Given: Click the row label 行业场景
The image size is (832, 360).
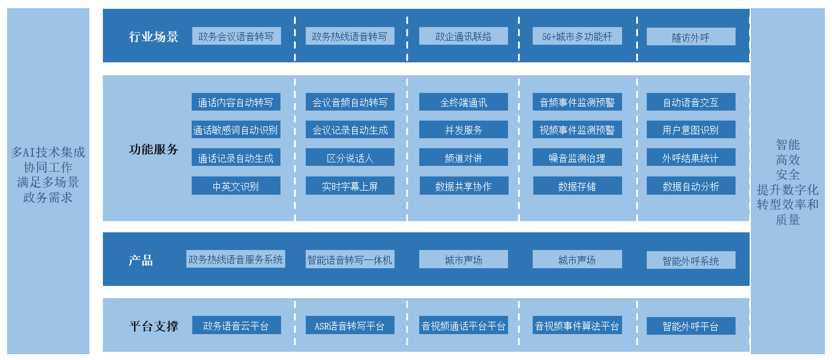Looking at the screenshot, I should pyautogui.click(x=153, y=36).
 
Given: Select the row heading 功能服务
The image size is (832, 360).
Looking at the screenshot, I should pyautogui.click(x=153, y=149).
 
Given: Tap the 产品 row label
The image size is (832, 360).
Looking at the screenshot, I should pyautogui.click(x=141, y=260).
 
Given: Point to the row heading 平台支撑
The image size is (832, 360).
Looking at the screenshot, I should pyautogui.click(x=153, y=325).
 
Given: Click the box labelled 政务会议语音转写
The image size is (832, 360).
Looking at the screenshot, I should pyautogui.click(x=236, y=36).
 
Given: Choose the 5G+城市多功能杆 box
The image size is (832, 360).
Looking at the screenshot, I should pyautogui.click(x=577, y=36).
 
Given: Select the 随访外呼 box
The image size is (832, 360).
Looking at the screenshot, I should pyautogui.click(x=690, y=37).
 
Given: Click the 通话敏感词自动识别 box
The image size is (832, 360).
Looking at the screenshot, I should pyautogui.click(x=236, y=130).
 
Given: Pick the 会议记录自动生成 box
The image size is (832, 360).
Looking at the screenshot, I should pyautogui.click(x=350, y=130).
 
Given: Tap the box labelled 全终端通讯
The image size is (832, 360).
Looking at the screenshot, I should pyautogui.click(x=463, y=102).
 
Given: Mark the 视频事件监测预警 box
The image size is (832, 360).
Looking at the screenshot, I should pyautogui.click(x=577, y=130).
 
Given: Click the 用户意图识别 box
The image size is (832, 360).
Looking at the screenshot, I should pyautogui.click(x=690, y=130).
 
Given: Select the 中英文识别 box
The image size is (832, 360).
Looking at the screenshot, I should pyautogui.click(x=236, y=186).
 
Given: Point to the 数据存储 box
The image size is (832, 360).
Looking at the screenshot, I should pyautogui.click(x=577, y=186).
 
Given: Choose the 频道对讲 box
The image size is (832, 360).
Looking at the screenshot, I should pyautogui.click(x=463, y=158).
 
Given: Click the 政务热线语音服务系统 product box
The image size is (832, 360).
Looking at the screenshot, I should pyautogui.click(x=236, y=259).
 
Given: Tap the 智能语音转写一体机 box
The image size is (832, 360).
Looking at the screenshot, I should pyautogui.click(x=350, y=259).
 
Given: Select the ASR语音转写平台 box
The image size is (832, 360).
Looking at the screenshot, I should pyautogui.click(x=350, y=325).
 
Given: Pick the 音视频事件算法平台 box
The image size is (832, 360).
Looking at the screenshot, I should pyautogui.click(x=577, y=325).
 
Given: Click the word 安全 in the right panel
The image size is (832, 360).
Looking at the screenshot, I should pyautogui.click(x=787, y=175).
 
